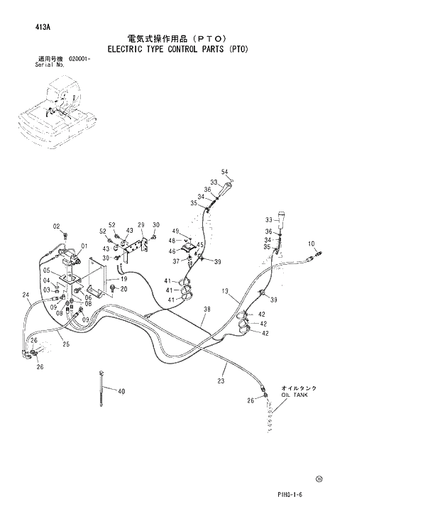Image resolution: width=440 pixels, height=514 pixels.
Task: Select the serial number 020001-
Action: click(79, 59)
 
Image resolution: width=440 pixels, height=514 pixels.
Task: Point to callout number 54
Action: click(224, 172)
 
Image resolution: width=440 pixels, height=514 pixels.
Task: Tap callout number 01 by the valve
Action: click(83, 246)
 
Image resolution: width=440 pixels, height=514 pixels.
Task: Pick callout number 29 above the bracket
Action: click(141, 224)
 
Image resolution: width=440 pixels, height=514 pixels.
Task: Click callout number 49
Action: click(175, 231)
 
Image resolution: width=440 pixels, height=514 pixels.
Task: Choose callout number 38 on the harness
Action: click(207, 309)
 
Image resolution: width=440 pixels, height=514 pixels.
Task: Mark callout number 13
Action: click(224, 291)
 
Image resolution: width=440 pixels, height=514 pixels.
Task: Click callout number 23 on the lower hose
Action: click(221, 381)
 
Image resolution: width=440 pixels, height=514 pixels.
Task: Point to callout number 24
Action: click(26, 295)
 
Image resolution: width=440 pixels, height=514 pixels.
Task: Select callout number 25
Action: click(65, 344)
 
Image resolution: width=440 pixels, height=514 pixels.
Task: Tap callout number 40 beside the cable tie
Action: click(121, 391)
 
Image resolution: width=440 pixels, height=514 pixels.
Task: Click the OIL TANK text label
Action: click(295, 395)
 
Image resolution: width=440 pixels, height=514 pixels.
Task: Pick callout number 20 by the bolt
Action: click(123, 289)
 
